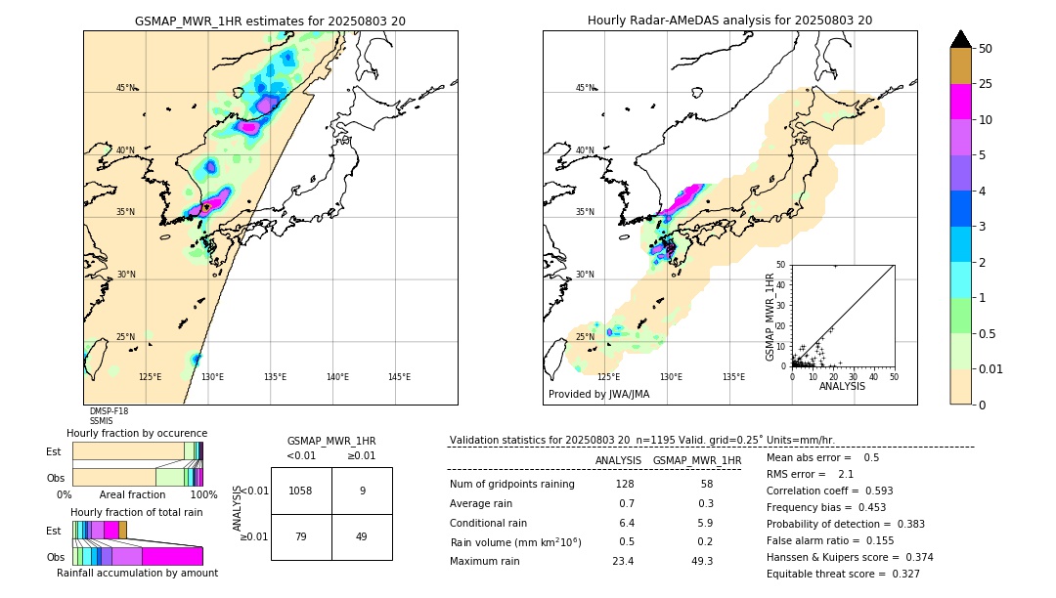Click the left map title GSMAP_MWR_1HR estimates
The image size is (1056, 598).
click(270, 21)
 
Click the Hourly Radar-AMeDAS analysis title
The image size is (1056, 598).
click(729, 21)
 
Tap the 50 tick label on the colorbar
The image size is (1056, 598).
click(987, 49)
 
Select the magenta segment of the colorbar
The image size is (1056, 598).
click(961, 102)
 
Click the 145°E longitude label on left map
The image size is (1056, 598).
click(399, 377)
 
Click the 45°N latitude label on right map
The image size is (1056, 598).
click(585, 88)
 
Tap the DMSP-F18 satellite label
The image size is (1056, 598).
click(109, 411)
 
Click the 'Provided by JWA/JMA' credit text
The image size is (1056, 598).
click(598, 394)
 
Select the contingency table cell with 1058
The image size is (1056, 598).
click(301, 491)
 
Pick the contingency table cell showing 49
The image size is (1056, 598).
click(362, 536)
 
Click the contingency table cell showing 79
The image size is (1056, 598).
click(301, 536)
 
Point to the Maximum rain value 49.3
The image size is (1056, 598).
click(702, 561)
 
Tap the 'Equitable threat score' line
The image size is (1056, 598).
click(843, 574)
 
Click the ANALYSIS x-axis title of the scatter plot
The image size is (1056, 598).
click(842, 386)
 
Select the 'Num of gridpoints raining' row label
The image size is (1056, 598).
click(511, 485)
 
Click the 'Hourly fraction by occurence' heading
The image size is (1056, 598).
click(137, 433)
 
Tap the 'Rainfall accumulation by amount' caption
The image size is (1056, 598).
click(144, 574)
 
